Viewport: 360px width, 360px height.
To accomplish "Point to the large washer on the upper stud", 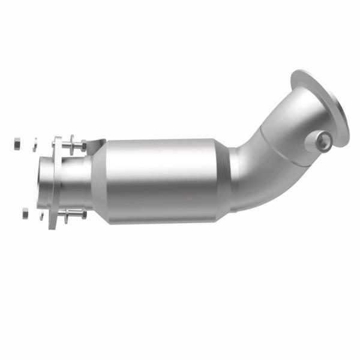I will (x=72, y=145).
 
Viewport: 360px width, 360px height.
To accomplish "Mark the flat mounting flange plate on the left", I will (x=58, y=180).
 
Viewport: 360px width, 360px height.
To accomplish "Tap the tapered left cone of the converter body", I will (x=100, y=180).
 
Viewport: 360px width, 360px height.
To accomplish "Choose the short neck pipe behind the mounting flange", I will (x=75, y=180).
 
